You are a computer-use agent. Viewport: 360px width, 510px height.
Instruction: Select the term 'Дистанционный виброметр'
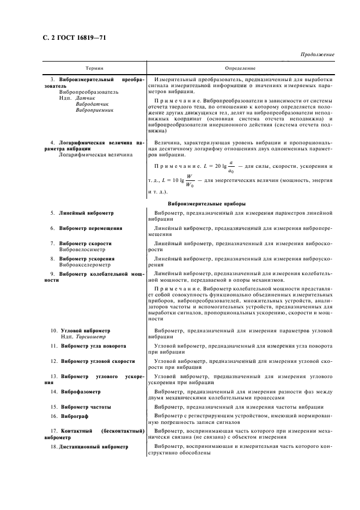[x=94, y=446]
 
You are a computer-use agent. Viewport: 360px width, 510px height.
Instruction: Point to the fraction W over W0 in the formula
[x=190, y=179]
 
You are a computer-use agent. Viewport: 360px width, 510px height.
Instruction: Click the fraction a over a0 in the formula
[x=231, y=166]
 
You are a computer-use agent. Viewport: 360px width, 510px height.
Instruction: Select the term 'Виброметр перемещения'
[x=90, y=228]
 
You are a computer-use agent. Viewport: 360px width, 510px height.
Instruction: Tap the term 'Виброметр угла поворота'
[x=93, y=346]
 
